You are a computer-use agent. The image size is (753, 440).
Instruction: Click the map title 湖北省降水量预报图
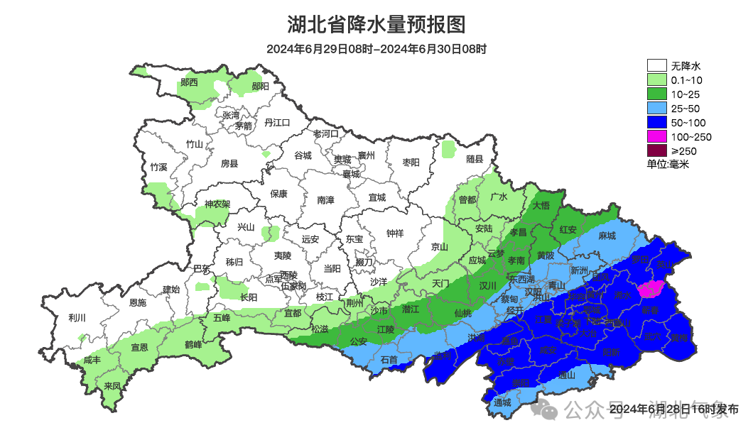pos(376,25)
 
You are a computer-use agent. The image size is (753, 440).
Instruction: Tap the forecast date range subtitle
pos(376,49)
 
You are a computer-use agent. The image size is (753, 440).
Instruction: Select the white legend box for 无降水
pos(657,66)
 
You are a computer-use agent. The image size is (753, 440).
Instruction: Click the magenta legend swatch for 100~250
pos(657,136)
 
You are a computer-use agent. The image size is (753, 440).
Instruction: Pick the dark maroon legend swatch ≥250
pos(657,150)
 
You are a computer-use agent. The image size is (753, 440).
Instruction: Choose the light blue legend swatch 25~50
pos(657,108)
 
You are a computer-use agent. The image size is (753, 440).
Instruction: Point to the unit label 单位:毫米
pos(668,164)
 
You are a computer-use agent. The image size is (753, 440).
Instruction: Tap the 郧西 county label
pos(189,82)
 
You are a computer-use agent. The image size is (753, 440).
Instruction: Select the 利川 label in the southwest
pos(77,317)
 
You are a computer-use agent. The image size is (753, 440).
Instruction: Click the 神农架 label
pos(217,204)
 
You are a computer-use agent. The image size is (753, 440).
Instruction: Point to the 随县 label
pos(475,160)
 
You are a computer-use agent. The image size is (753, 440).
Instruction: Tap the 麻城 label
pos(607,236)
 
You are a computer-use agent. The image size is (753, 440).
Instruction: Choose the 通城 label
pos(503,402)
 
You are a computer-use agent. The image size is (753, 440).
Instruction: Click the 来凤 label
pos(112,386)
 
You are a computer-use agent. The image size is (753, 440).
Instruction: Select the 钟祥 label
pos(395,233)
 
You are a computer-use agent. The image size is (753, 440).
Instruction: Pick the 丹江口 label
pos(277,122)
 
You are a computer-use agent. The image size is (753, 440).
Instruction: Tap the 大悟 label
pos(541,205)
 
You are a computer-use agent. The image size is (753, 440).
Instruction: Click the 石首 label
pos(389,360)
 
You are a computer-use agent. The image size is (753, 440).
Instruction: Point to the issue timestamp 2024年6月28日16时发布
pos(673,409)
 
